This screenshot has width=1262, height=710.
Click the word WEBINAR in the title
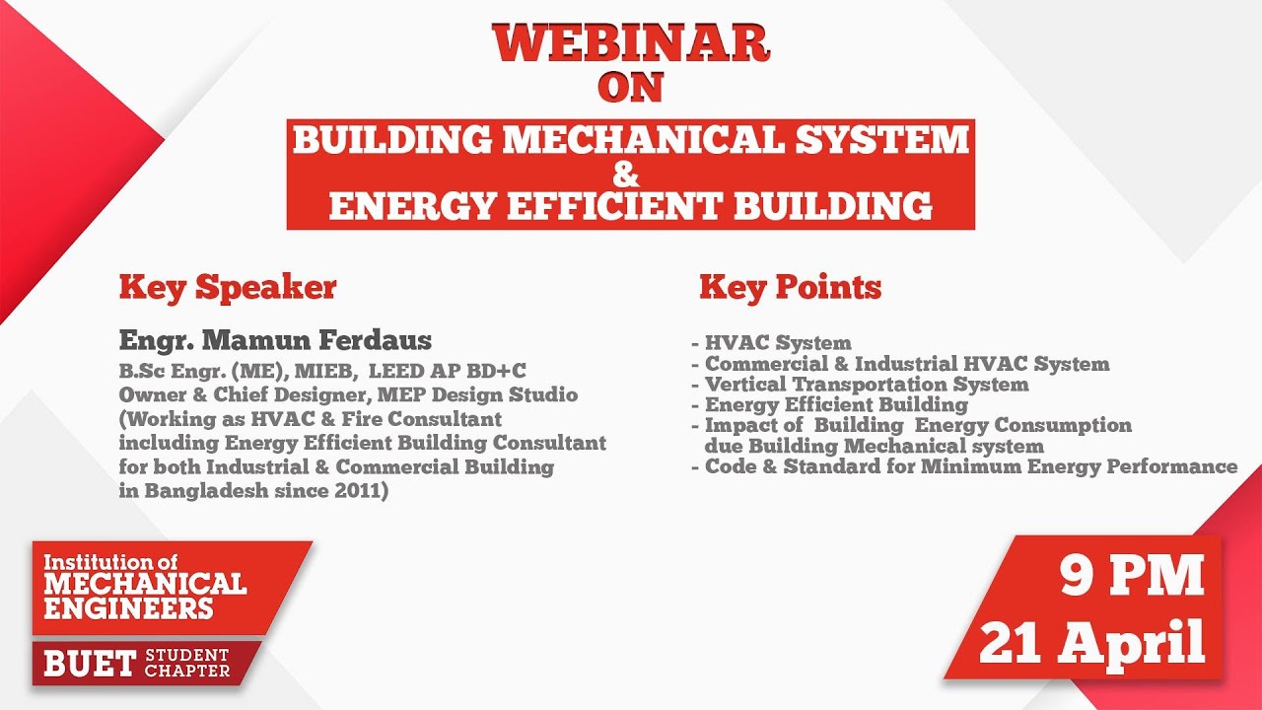631,43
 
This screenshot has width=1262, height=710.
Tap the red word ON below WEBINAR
631,89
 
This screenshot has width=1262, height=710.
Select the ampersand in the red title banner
626,176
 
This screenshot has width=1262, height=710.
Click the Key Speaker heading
228,288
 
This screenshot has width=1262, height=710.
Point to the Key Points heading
790,288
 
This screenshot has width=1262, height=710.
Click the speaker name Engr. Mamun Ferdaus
275,341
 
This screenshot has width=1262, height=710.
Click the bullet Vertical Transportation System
867,384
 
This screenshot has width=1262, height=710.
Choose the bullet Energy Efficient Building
836,404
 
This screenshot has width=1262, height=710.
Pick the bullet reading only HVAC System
778,343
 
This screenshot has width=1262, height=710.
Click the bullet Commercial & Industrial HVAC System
907,364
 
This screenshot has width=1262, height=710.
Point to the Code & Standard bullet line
970,466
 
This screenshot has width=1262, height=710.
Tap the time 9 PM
1133,576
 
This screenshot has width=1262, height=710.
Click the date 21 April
1092,643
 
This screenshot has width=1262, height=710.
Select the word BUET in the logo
90,664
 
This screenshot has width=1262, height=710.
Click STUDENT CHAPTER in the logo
187,664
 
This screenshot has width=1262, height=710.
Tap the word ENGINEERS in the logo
128,607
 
